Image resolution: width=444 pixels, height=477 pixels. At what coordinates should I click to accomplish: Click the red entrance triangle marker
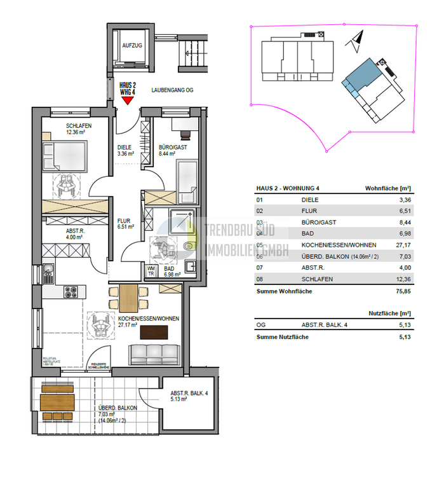click(x=128, y=99)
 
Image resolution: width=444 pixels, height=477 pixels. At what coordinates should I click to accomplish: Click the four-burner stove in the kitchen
click(x=70, y=292)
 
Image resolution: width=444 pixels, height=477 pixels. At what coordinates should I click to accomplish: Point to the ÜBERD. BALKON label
click(x=114, y=410)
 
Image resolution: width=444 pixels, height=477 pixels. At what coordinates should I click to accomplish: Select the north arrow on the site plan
click(x=355, y=42)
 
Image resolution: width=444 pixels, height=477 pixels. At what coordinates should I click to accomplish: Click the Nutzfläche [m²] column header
click(x=389, y=314)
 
